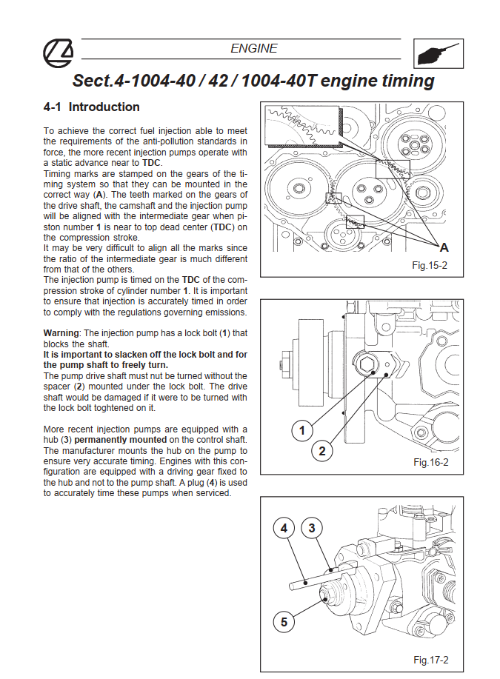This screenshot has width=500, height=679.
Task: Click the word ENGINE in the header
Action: (x=254, y=49)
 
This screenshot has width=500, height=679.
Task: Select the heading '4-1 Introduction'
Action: (x=92, y=107)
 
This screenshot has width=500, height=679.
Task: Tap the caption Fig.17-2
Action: (x=430, y=660)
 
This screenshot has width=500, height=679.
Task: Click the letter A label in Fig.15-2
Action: (x=444, y=248)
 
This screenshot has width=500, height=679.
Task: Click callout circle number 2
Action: (x=322, y=449)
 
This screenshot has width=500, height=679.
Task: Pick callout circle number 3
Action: (x=312, y=528)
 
